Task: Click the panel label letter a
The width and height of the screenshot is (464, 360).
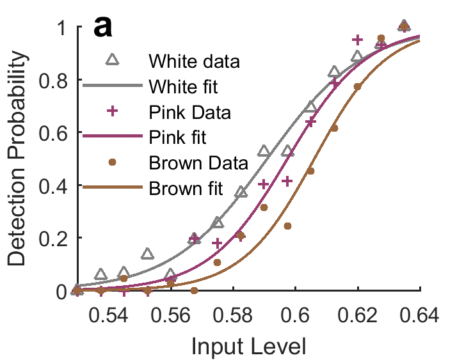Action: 102,27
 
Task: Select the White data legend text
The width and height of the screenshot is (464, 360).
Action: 194,61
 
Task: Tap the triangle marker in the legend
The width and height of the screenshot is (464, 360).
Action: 113,59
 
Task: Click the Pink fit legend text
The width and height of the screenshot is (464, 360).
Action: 177,137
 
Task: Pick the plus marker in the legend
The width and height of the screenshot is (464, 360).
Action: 112,111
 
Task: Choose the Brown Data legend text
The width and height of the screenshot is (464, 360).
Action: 198,163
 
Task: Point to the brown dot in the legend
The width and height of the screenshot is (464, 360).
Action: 112,162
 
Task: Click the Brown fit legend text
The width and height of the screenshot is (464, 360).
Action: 186,188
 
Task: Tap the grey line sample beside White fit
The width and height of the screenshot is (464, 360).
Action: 113,86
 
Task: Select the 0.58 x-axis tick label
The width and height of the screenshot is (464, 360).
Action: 233,315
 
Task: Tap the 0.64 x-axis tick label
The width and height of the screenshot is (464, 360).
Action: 419,315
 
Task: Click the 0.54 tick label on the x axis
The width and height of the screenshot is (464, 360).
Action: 109,315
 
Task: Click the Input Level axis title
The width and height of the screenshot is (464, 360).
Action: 248,346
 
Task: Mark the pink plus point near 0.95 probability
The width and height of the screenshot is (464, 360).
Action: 358,40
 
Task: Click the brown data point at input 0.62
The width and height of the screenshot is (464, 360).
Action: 358,86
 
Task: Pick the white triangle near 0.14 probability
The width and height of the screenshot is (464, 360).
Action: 147,254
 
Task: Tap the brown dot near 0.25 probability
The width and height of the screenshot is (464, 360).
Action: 287,226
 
